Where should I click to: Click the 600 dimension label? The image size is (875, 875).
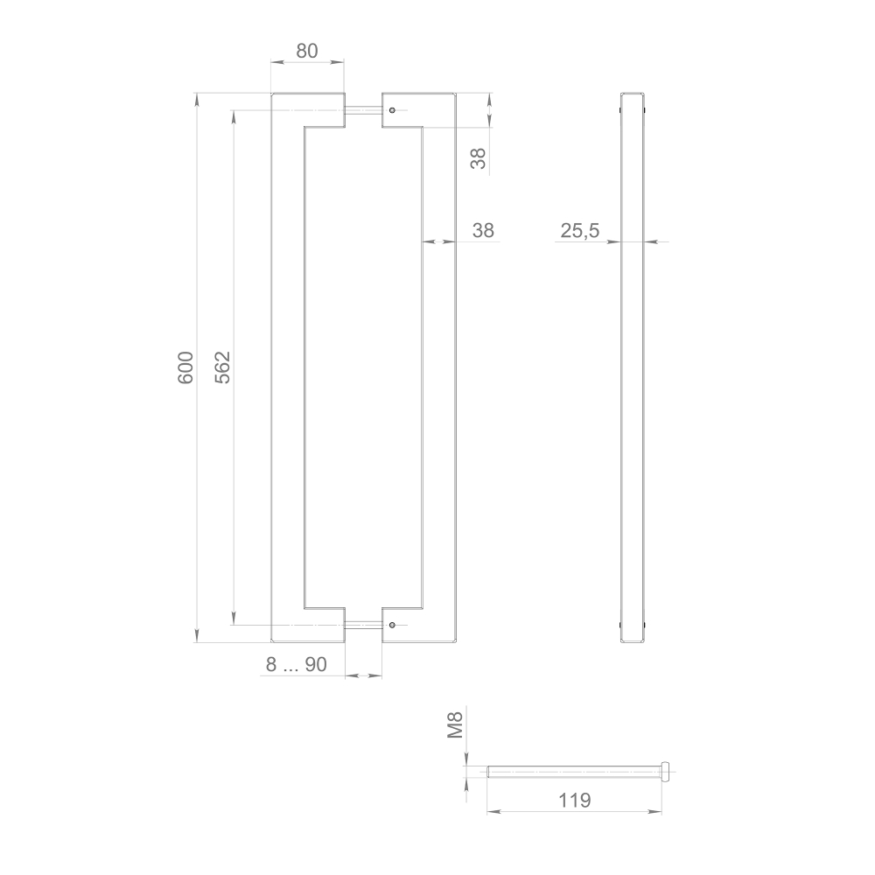click(185, 367)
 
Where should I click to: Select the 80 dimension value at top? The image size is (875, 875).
click(306, 51)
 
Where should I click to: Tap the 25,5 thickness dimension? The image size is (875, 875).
click(580, 231)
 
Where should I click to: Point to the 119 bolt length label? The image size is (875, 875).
click(574, 800)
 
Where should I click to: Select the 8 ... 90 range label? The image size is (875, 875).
click(297, 665)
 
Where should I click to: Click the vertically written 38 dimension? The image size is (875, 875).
click(478, 158)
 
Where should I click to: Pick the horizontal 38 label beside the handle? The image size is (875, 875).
click(483, 231)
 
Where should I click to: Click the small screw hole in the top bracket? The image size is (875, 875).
click(393, 110)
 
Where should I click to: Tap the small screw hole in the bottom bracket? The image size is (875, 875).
click(393, 625)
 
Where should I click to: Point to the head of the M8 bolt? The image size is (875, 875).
click(668, 772)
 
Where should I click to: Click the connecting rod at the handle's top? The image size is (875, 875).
click(363, 110)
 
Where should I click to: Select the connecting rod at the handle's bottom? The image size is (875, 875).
click(363, 625)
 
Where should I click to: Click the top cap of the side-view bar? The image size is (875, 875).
click(633, 94)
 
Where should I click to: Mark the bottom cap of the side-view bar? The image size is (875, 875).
click(633, 641)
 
